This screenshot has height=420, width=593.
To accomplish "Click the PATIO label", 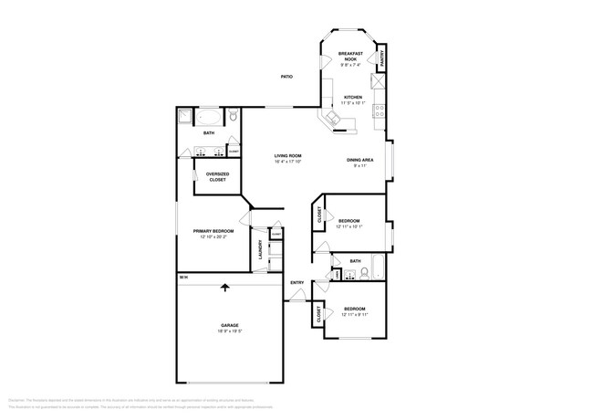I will (286, 76).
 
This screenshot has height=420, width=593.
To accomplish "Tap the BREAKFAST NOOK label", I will (351, 56).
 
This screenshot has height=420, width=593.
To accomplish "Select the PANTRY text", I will (381, 58).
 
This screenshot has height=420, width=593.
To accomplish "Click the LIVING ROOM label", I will (287, 156).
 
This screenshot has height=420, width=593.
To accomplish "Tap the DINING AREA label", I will (359, 161).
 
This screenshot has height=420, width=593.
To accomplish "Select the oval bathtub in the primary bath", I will (209, 117).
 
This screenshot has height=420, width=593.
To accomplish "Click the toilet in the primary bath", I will (234, 116).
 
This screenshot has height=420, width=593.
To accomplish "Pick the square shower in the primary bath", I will (185, 117).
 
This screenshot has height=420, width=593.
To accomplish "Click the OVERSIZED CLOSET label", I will (217, 176).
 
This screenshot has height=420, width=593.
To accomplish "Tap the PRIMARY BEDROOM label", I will (213, 231).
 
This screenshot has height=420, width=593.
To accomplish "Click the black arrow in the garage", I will (224, 289).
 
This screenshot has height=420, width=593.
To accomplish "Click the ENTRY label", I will (296, 282).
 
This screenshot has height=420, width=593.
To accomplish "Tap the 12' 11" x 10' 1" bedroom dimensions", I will (349, 226).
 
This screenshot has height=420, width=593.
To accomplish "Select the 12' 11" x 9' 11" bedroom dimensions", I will (354, 314).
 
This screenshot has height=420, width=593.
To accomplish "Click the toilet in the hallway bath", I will (336, 273).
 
